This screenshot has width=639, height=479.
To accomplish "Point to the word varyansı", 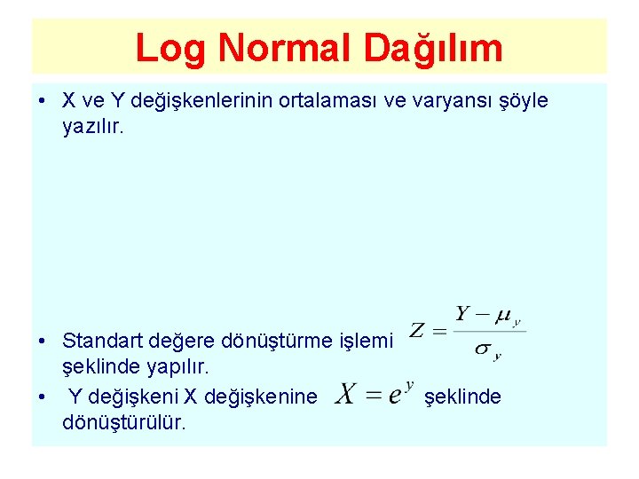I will coord(448,101).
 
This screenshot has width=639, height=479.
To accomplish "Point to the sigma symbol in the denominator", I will coord(483,349).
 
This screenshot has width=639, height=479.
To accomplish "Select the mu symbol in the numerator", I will coord(503,313).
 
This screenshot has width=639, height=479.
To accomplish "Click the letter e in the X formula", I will coord(393,397).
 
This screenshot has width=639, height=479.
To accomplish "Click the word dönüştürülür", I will coord(124,421).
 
